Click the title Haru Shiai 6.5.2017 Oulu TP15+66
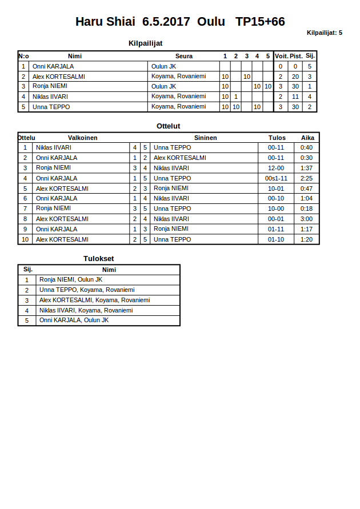pyautogui.click(x=180, y=22)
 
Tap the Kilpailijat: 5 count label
pyautogui.click(x=324, y=33)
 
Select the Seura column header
pyautogui.click(x=183, y=56)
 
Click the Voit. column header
pyautogui.click(x=281, y=56)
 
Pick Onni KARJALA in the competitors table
pyautogui.click(x=53, y=66)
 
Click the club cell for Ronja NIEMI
pyautogui.click(x=163, y=86)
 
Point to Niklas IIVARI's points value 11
pyautogui.click(x=295, y=97)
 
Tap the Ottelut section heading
pyautogui.click(x=168, y=126)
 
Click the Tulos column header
pyautogui.click(x=277, y=138)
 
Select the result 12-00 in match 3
pyautogui.click(x=276, y=168)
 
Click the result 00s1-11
pyautogui.click(x=276, y=178)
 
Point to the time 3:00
pyautogui.click(x=306, y=219)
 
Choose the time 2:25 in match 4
pyautogui.click(x=306, y=178)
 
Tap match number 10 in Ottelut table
pyautogui.click(x=25, y=239)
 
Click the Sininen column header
pyautogui.click(x=205, y=138)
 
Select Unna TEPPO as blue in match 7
pyautogui.click(x=172, y=209)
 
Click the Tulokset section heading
pyautogui.click(x=99, y=259)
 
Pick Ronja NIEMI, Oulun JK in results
pyautogui.click(x=71, y=279)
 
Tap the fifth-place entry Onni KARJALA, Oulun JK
pyautogui.click(x=74, y=320)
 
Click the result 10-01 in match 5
pyautogui.click(x=276, y=189)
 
